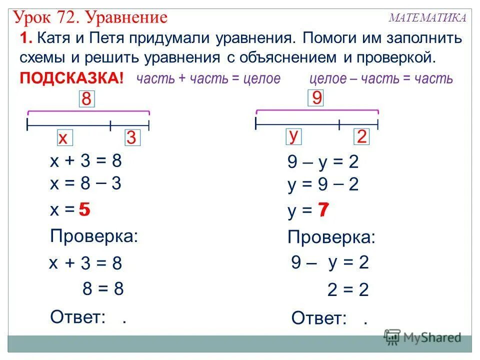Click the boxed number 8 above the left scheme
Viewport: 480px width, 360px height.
tap(86, 98)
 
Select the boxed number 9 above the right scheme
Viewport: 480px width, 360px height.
tap(316, 97)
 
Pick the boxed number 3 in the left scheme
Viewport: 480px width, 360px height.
tap(131, 138)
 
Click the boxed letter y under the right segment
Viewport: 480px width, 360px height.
tap(294, 136)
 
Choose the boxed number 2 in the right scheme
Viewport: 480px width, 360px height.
tap(361, 136)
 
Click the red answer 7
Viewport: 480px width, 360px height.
tap(323, 211)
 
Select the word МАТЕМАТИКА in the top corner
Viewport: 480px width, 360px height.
tap(427, 18)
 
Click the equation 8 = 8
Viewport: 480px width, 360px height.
tap(103, 288)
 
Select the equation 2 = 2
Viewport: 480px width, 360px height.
tap(348, 290)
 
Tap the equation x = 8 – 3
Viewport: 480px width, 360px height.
tap(86, 183)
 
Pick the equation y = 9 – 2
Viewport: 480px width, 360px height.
tap(323, 185)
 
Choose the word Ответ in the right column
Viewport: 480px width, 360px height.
tap(318, 317)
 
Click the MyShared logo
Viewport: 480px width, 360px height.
tap(422, 337)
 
